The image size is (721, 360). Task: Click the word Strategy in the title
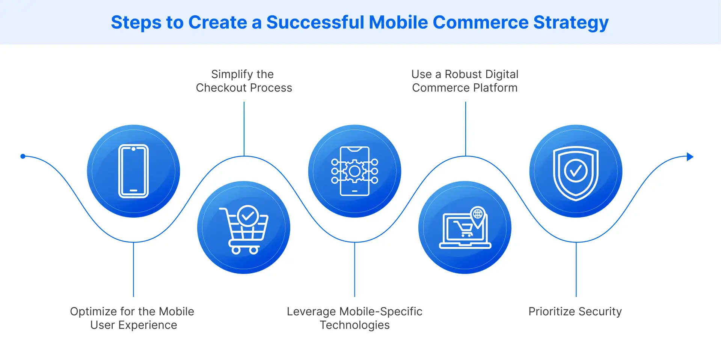(x=571, y=23)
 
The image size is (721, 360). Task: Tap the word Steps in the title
(x=136, y=23)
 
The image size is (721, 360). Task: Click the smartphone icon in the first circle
(x=133, y=171)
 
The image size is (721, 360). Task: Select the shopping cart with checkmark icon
(x=244, y=229)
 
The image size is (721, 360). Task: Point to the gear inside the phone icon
(x=354, y=171)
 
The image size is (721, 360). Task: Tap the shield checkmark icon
(x=576, y=172)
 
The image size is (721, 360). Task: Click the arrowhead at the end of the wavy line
(x=690, y=157)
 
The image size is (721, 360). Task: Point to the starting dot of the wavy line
(x=23, y=156)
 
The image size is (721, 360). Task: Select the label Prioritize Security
(x=575, y=312)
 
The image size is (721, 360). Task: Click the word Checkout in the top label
(x=221, y=88)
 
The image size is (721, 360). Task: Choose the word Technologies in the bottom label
(x=354, y=325)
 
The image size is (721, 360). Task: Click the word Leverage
(x=311, y=312)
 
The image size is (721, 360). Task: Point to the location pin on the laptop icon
(x=478, y=215)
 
